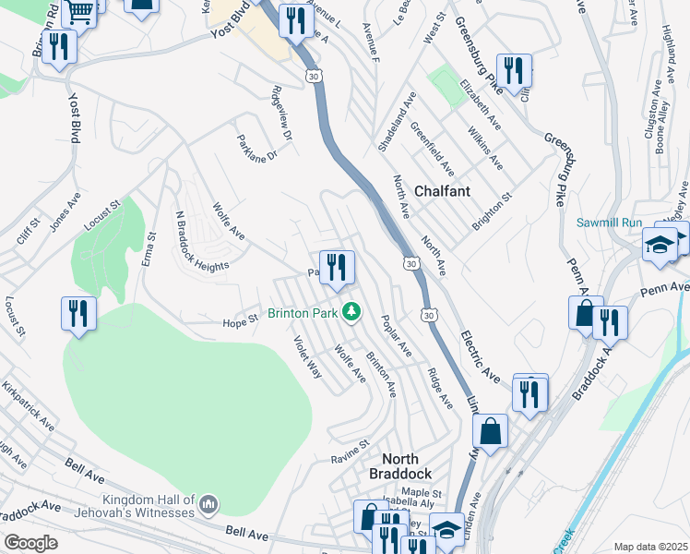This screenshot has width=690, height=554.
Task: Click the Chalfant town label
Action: (x=442, y=191)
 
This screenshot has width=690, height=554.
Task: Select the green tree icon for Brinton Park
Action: (x=351, y=313)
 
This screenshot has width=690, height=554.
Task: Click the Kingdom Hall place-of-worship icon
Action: (x=208, y=505)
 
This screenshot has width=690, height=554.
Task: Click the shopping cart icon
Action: (x=81, y=11)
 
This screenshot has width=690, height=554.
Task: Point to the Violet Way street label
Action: (x=307, y=356)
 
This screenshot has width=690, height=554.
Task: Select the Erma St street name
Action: (x=148, y=247)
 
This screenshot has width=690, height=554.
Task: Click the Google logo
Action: (x=30, y=543)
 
